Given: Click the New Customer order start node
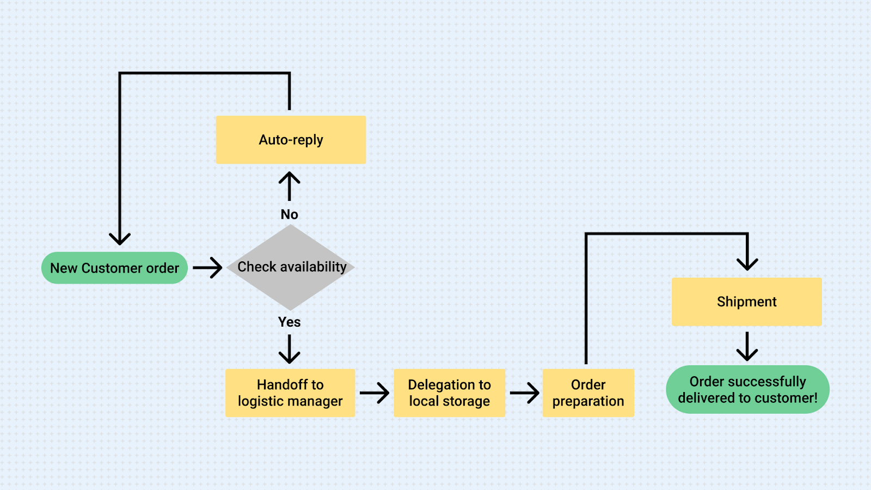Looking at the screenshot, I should click(114, 268).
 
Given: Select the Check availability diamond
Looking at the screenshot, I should click(291, 267).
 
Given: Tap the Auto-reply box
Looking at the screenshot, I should click(291, 140).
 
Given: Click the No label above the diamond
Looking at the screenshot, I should click(289, 215).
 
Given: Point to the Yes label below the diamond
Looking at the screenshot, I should click(289, 322).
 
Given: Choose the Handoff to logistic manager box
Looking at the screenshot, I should click(290, 393).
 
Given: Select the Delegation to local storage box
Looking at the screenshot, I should click(449, 393).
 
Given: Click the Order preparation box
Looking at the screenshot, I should click(588, 393).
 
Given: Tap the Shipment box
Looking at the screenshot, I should click(746, 302).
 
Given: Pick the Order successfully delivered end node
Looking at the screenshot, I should click(747, 390).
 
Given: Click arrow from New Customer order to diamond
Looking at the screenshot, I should click(207, 268).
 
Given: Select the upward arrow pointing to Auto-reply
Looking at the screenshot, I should click(289, 186).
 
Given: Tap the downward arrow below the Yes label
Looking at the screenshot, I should click(289, 349).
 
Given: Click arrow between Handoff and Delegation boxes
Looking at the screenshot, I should click(374, 393).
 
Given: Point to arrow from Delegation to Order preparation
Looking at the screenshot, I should click(524, 393).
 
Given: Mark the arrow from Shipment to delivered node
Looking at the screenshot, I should click(747, 347).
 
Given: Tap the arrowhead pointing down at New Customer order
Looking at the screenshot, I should click(120, 238).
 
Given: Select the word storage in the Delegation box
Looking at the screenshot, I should click(465, 402).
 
